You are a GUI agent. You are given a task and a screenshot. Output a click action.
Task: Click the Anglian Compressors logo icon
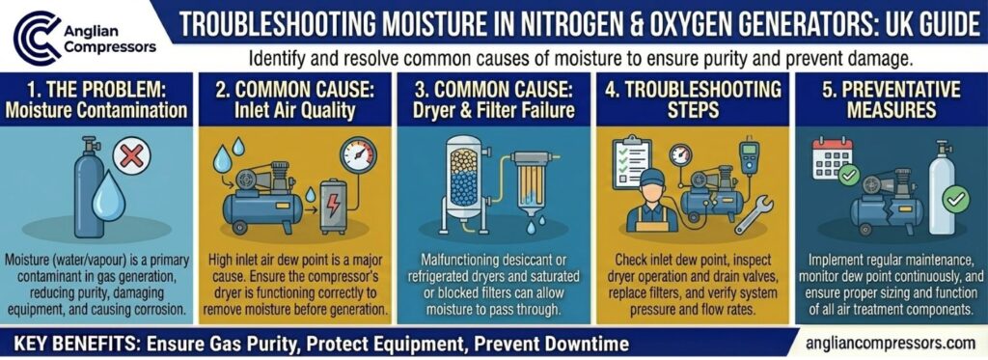34,35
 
